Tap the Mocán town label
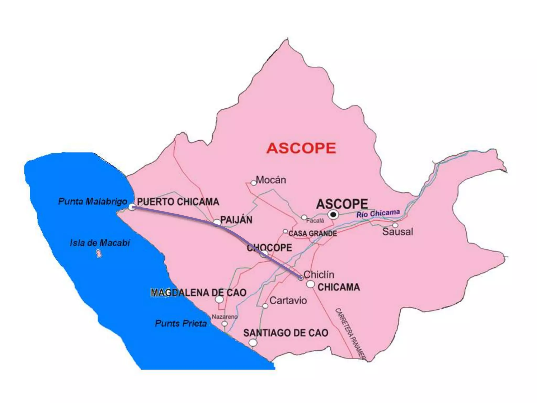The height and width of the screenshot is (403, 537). [271, 180]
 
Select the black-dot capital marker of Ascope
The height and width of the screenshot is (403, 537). [333, 215]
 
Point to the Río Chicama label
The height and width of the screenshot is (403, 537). [378, 214]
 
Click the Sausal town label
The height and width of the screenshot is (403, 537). [398, 232]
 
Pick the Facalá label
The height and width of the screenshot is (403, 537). [315, 221]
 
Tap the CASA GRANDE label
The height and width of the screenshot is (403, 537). [313, 233]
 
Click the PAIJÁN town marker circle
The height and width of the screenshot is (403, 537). [217, 223]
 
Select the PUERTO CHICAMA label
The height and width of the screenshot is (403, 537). [178, 202]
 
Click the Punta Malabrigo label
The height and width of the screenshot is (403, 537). [93, 201]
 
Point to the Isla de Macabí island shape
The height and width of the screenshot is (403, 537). [99, 254]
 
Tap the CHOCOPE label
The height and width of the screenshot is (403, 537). [270, 248]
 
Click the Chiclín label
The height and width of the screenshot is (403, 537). [319, 275]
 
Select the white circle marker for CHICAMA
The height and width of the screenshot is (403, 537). [310, 284]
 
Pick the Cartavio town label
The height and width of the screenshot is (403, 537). [288, 300]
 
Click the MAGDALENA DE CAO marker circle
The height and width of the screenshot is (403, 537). [219, 299]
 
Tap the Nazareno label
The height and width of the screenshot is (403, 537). [224, 317]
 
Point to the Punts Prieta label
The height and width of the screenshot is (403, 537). [181, 324]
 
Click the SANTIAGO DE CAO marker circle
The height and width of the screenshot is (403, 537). [253, 343]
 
